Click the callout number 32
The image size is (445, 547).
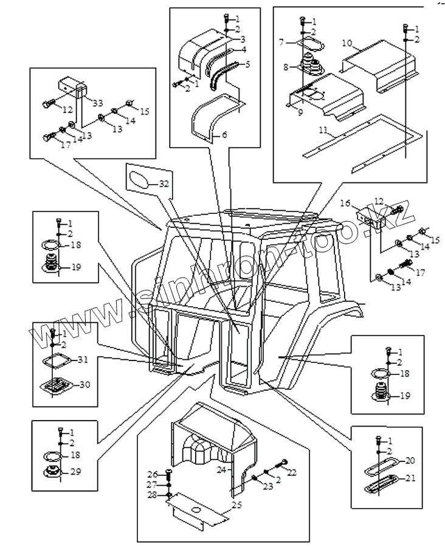(x=164, y=184)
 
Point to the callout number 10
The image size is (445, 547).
(x=347, y=43)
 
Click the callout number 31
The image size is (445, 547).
(x=84, y=359)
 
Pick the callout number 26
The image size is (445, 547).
(x=153, y=473)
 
